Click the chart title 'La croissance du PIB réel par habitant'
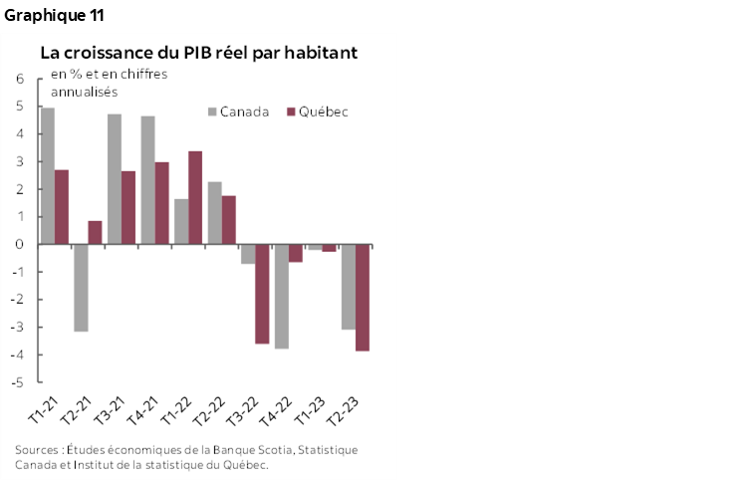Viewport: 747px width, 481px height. point(198,52)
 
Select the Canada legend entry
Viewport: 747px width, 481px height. point(239,112)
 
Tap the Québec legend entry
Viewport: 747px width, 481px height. point(318,112)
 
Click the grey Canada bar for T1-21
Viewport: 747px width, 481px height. point(48,175)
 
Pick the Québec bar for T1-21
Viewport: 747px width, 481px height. point(62,206)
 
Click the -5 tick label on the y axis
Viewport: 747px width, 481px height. point(19,382)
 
